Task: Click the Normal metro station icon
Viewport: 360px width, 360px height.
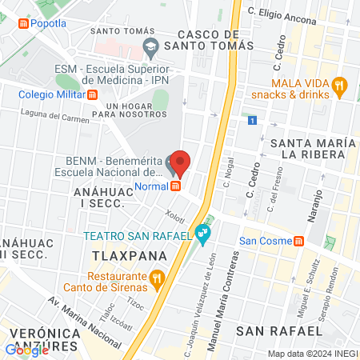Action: (175, 186)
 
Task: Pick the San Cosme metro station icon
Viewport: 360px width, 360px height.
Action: (298, 241)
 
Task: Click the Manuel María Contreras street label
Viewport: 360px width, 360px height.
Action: (223, 291)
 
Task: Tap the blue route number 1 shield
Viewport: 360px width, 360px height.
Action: (251, 121)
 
